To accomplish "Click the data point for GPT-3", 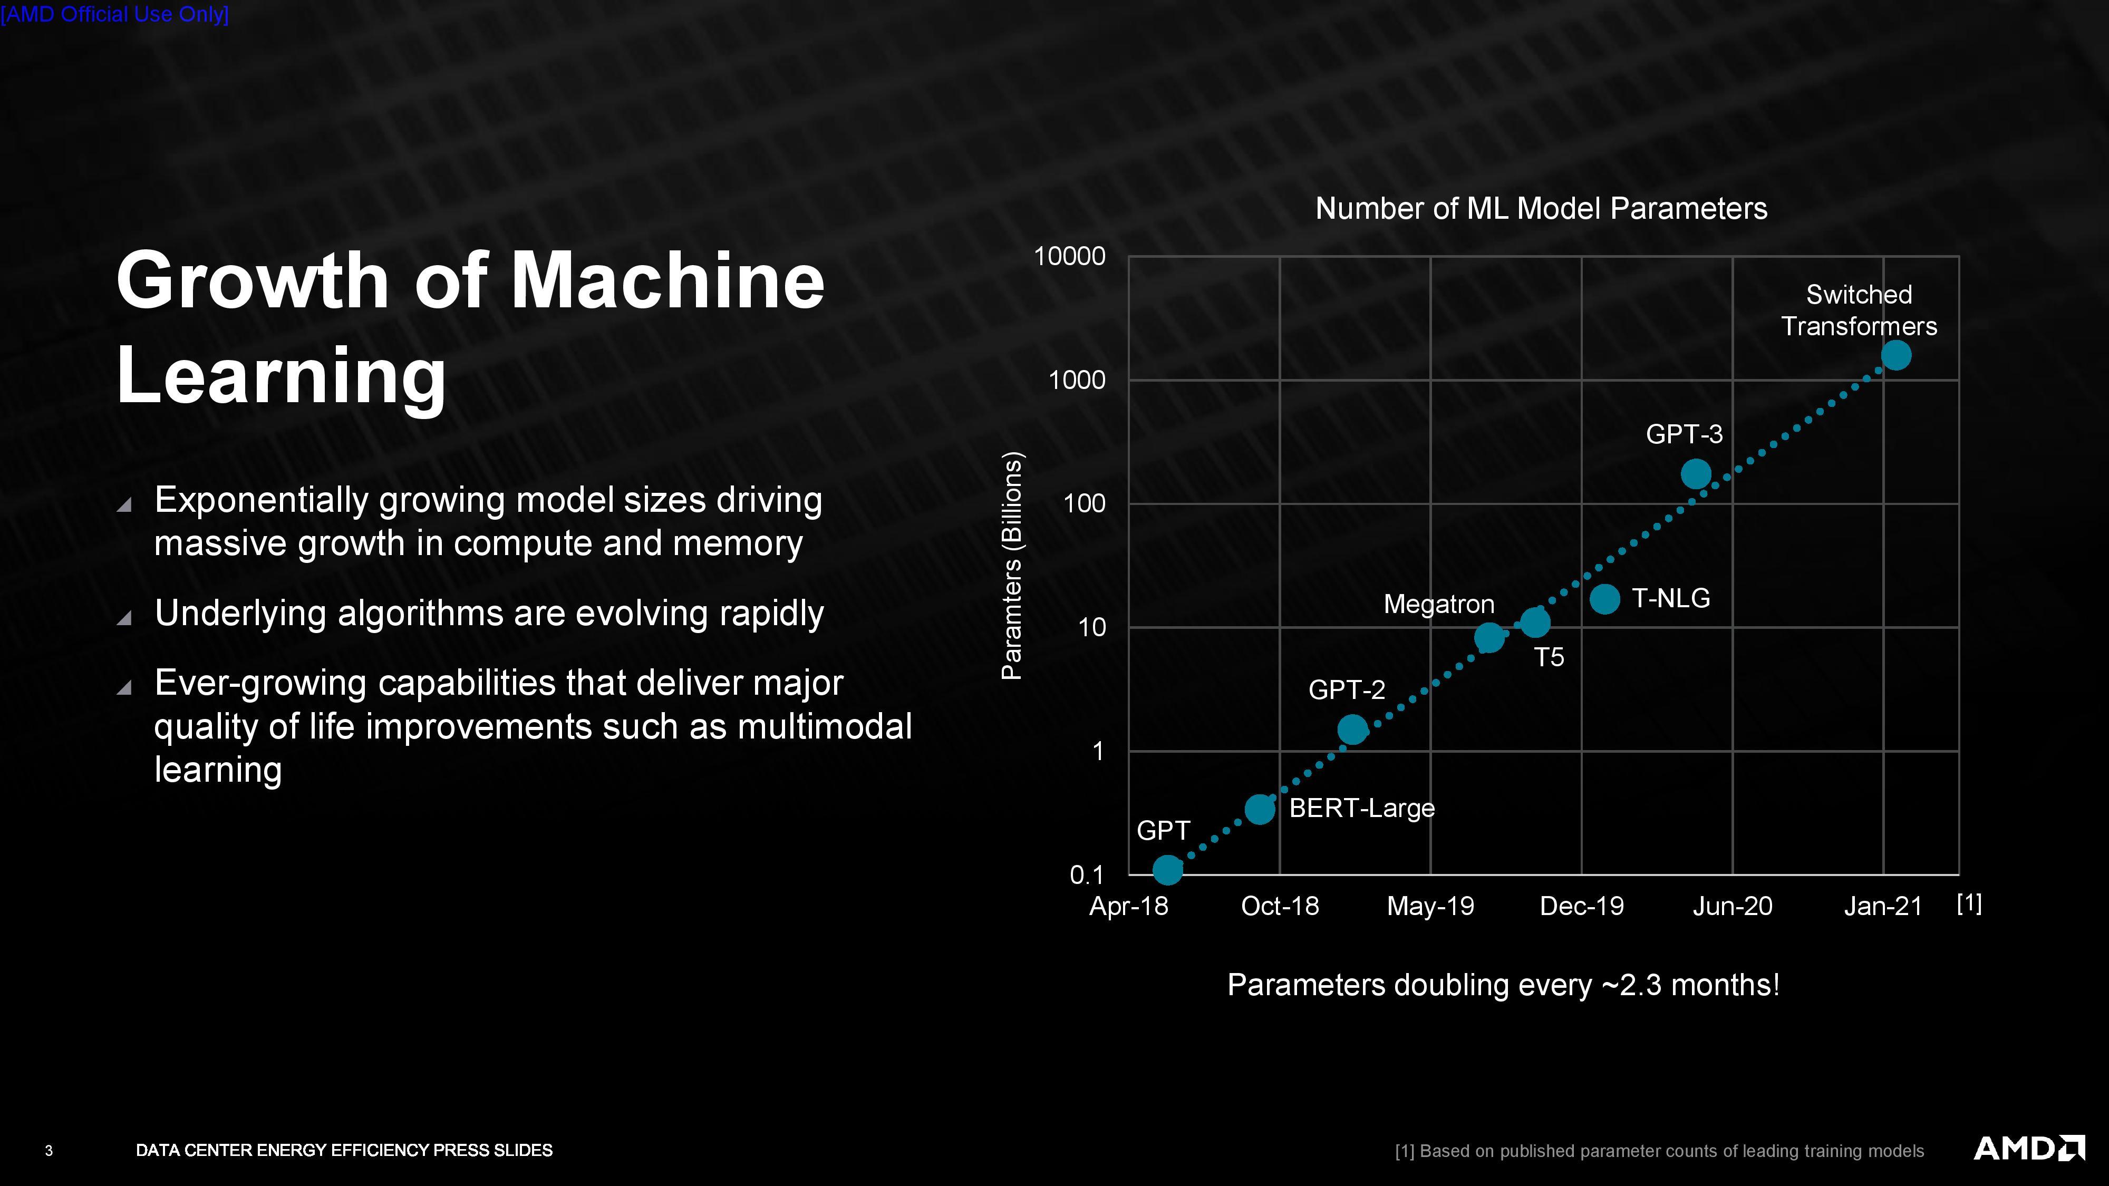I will [x=1696, y=474].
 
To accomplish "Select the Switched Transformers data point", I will [x=1896, y=355].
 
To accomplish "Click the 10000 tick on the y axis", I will [x=1069, y=256].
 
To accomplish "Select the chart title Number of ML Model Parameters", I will [x=1541, y=209].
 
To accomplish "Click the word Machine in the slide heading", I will [x=667, y=281].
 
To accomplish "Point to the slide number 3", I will [x=49, y=1151].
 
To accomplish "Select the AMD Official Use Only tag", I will [x=114, y=14].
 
